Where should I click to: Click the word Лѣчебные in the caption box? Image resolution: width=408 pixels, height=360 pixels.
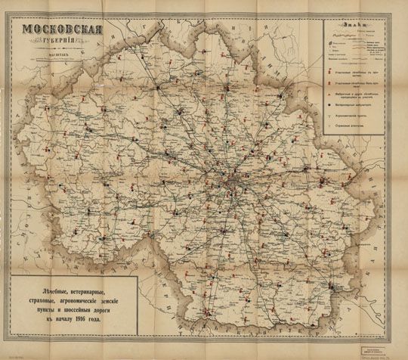tap(53, 284)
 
